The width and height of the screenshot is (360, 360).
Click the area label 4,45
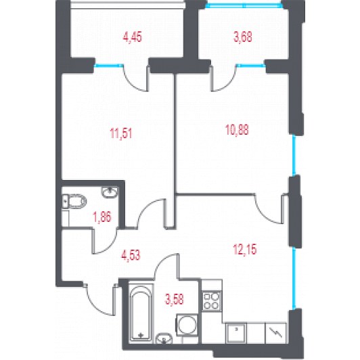click(x=133, y=37)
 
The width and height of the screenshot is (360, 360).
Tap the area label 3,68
click(x=243, y=37)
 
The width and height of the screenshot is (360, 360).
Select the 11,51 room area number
click(x=121, y=133)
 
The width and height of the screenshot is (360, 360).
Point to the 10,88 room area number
click(x=237, y=130)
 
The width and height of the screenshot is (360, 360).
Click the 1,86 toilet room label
click(x=102, y=217)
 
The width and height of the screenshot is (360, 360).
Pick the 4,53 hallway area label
click(x=131, y=255)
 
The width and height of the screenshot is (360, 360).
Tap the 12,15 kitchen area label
click(x=245, y=249)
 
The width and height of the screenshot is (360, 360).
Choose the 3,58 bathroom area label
click(x=175, y=299)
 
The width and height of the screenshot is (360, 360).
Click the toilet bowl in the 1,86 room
click(x=74, y=202)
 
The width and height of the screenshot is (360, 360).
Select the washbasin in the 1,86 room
click(x=110, y=192)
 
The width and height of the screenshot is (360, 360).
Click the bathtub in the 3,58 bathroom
click(x=141, y=313)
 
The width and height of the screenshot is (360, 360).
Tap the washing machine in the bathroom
click(x=187, y=325)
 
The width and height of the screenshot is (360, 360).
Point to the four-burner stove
click(x=212, y=300)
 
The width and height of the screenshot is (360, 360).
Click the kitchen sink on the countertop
click(x=236, y=333)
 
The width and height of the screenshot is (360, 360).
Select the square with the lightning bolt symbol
click(x=275, y=333)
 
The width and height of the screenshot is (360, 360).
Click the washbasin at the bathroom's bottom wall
click(x=164, y=338)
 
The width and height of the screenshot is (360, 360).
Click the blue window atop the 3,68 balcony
click(x=244, y=5)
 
